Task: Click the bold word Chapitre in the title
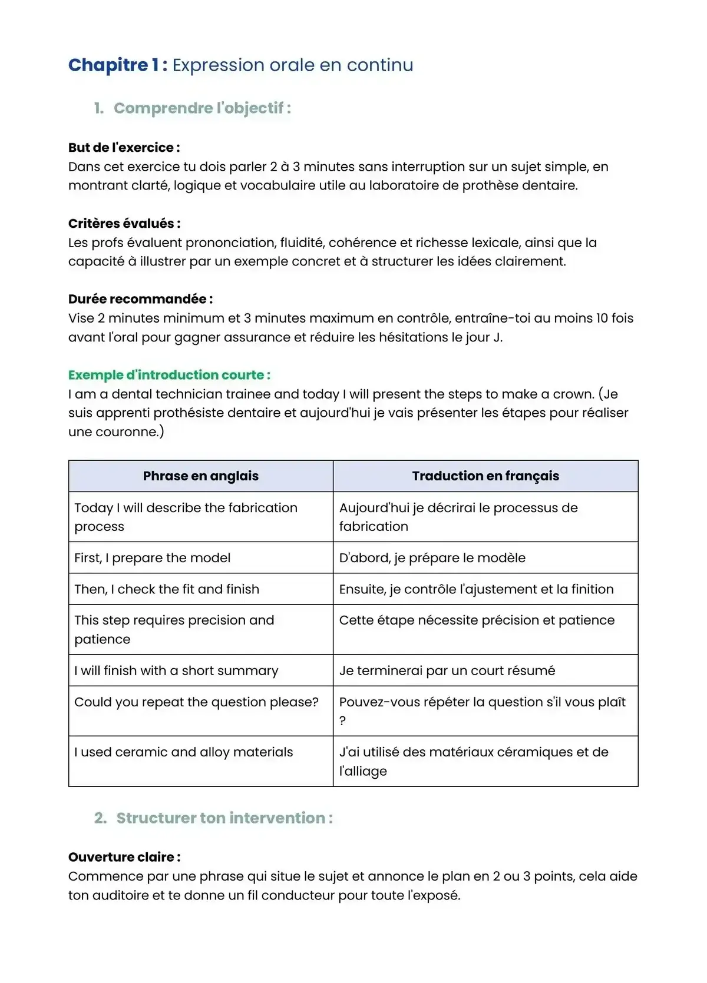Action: point(108,65)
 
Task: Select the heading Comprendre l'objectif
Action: point(201,108)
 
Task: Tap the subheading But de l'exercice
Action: point(124,148)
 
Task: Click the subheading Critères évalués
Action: point(124,224)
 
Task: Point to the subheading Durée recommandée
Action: point(140,299)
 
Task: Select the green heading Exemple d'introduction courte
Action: point(169,375)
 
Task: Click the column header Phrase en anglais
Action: point(200,476)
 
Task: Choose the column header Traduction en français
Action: point(485,476)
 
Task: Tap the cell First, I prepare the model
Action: point(152,558)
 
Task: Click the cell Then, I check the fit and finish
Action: point(166,589)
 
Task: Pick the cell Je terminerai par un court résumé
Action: point(447,671)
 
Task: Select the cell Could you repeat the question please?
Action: point(196,702)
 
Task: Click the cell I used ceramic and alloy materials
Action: point(183,752)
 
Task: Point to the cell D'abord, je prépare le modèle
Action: point(432,558)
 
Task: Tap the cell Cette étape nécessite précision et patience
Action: point(476,620)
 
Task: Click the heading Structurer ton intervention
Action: point(224,818)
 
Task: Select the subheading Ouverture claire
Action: point(124,858)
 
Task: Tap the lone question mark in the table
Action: point(343,721)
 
